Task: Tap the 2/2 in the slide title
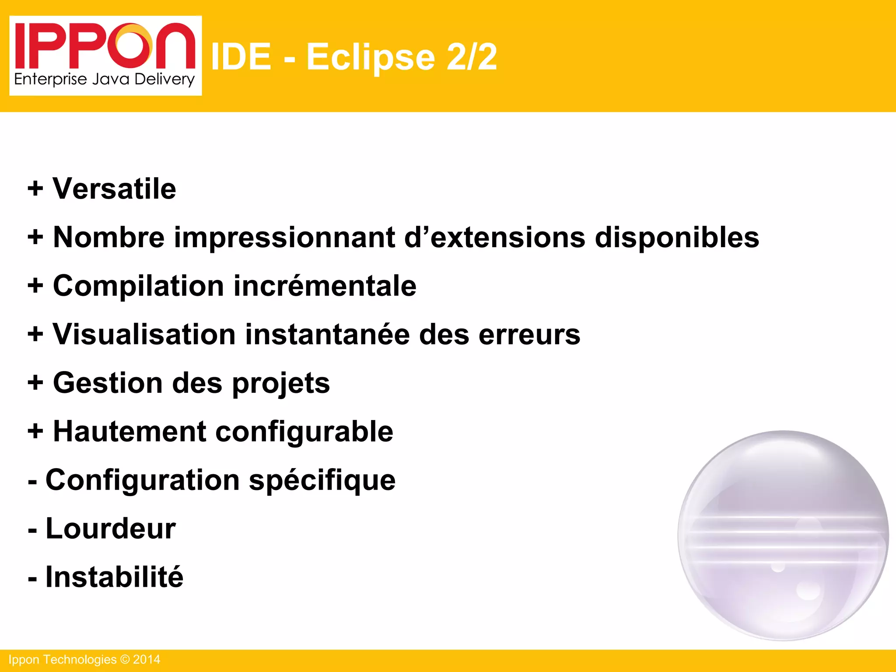coord(472,57)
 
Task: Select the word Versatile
coord(114,189)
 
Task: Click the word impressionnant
coord(284,238)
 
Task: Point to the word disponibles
coord(677,238)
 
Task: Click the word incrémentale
coord(325,286)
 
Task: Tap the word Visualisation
coord(144,335)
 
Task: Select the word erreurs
coord(529,335)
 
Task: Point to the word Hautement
coord(129,432)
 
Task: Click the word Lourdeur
coord(111,528)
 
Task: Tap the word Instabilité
coord(114,577)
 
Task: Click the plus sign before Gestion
coord(35,383)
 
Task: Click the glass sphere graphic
coord(783,535)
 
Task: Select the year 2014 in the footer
coord(147,660)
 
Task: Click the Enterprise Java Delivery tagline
coord(104,80)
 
